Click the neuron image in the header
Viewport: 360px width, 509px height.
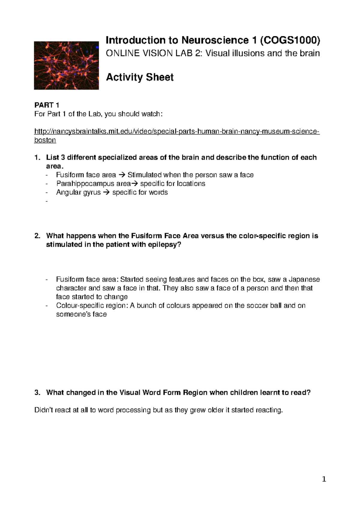point(66,65)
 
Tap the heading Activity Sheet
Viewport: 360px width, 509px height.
point(140,77)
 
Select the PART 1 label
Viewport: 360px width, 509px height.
point(47,105)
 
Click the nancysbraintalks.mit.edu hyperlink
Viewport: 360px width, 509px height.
point(177,131)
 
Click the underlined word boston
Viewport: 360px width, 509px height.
point(45,140)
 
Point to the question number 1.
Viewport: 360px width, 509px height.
point(37,158)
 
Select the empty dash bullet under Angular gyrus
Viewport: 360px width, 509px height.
point(46,201)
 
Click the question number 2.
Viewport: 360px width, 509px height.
point(37,236)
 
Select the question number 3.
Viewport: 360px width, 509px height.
point(37,393)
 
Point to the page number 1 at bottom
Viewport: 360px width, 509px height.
point(324,479)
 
